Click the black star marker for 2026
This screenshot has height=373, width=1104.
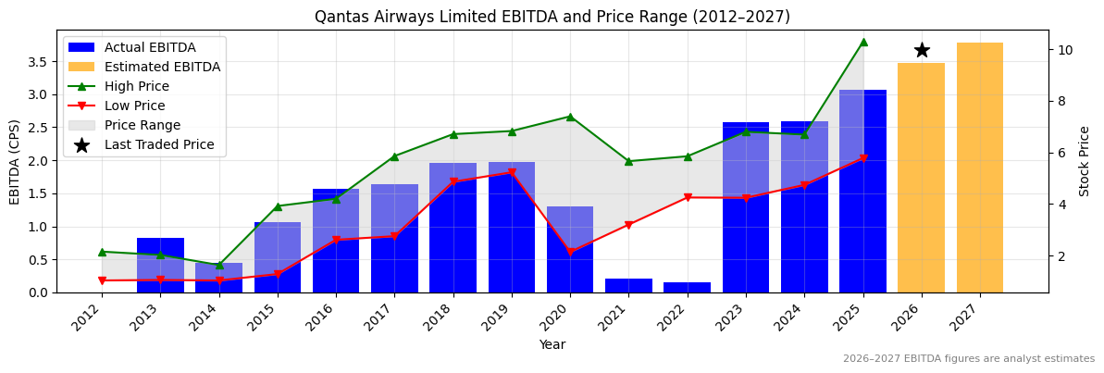tap(922, 50)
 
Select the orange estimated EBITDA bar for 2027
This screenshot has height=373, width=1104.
tap(979, 168)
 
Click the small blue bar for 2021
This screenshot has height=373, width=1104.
tap(628, 286)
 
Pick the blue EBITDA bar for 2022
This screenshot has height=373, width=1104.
tap(687, 288)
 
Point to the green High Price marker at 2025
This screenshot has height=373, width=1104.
tap(862, 42)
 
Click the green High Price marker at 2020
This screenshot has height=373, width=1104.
tap(570, 117)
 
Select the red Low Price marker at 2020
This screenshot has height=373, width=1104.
tap(570, 252)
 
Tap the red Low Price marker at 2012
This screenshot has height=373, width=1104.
tap(102, 280)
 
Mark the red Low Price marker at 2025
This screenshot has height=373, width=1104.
tap(862, 158)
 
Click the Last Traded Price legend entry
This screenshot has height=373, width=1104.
tap(158, 144)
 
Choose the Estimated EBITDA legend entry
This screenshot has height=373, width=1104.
tap(162, 67)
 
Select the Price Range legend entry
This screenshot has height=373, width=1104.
tap(142, 125)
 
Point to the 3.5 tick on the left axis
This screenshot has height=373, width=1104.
tap(38, 62)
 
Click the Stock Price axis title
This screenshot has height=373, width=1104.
tap(1085, 161)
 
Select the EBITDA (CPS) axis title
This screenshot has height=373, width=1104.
tap(15, 161)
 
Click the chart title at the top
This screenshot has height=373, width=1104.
tap(552, 17)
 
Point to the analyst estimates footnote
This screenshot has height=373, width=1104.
tap(968, 359)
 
